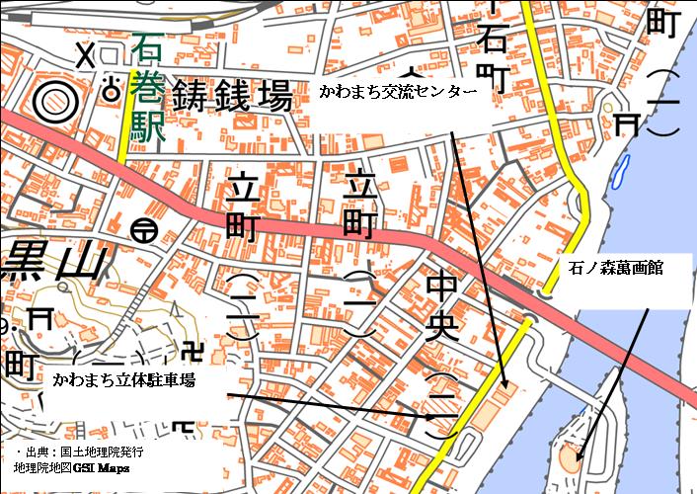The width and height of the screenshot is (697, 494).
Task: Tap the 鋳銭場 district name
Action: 233,98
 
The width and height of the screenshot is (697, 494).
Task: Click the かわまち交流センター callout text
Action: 391,91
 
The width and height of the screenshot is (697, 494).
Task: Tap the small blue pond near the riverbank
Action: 619,175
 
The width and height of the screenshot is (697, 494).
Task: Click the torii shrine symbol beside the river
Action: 625,121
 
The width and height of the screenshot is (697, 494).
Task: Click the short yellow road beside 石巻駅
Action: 124,128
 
